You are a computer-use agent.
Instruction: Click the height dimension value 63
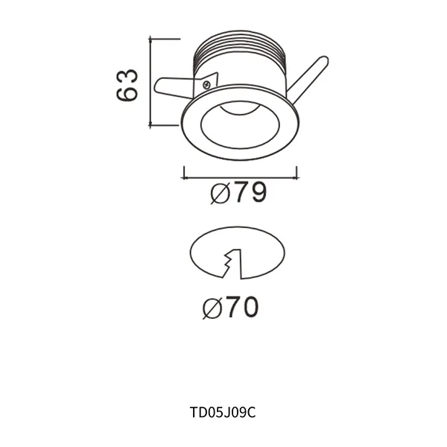(127, 85)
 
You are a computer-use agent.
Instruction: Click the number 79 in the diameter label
(247, 194)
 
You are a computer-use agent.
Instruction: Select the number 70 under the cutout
(241, 307)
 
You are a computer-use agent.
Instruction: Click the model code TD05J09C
(223, 410)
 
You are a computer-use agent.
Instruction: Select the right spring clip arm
(308, 77)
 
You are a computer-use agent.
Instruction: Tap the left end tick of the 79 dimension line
(184, 174)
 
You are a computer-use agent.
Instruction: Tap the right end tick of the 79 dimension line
(297, 174)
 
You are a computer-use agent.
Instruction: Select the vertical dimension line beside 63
(151, 82)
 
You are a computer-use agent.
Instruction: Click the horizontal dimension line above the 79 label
(240, 178)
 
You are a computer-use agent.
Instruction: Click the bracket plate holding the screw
(209, 82)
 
